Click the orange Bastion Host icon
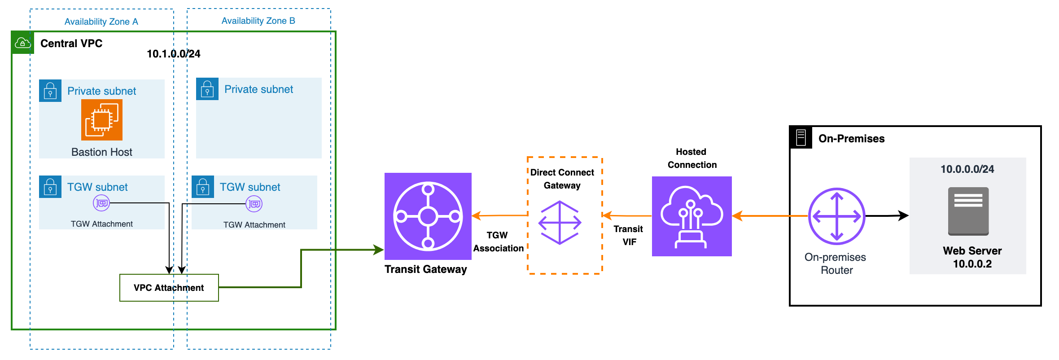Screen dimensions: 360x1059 (x=102, y=120)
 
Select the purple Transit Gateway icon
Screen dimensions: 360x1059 (x=428, y=216)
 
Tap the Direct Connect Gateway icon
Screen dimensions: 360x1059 (x=560, y=223)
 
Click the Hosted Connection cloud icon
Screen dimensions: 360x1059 (x=691, y=216)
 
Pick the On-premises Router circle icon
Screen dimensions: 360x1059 (x=836, y=216)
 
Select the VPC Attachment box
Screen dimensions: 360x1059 (x=169, y=288)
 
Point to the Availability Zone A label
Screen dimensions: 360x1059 (x=101, y=22)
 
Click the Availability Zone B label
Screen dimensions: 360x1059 (x=258, y=21)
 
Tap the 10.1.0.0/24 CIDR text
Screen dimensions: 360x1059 (x=174, y=54)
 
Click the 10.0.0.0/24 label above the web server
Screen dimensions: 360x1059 (x=967, y=169)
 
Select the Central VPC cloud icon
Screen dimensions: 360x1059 (x=23, y=43)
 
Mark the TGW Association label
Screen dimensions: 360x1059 (x=498, y=242)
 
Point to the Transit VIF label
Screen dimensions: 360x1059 (x=629, y=235)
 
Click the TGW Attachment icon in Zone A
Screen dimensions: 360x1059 (x=101, y=203)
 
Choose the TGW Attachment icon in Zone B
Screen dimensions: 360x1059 (x=254, y=204)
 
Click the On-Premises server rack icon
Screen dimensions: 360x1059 (x=801, y=137)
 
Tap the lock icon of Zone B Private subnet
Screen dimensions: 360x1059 (x=207, y=89)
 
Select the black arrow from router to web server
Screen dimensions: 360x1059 (x=886, y=216)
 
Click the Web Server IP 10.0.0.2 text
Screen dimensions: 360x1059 (x=972, y=264)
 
